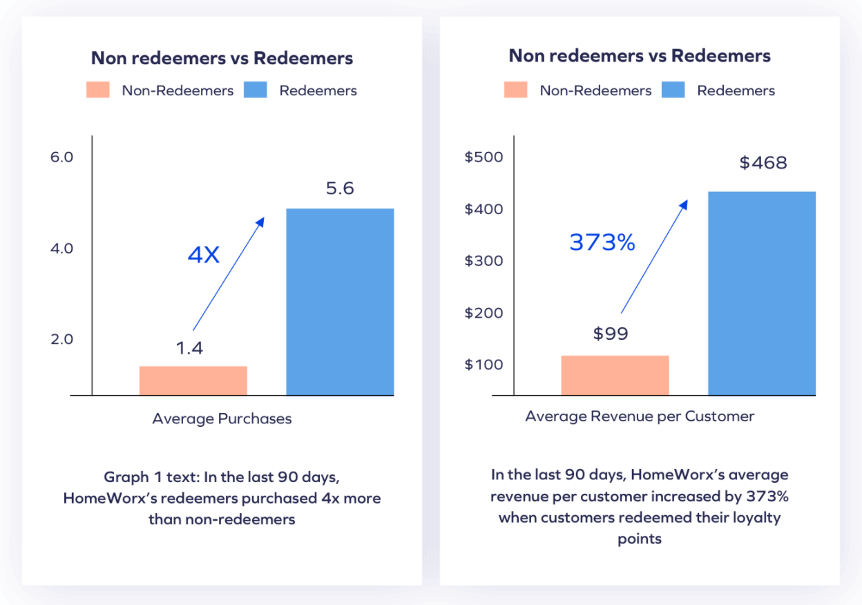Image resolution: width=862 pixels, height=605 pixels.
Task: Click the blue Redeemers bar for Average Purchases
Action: coord(340,302)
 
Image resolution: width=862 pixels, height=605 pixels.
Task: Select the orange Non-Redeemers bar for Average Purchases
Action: coord(193,381)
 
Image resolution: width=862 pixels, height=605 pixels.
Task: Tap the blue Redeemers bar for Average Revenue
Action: coord(762,294)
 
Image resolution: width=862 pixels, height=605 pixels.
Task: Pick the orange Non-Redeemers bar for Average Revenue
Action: coord(615,375)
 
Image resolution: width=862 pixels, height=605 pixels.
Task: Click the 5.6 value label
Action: coord(339,188)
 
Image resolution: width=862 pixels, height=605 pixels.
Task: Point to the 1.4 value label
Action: coord(189,347)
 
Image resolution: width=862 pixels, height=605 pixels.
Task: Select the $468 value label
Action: coord(763,163)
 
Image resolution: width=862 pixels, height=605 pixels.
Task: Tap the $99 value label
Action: coord(611,334)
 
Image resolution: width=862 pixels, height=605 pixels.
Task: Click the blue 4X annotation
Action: coord(203,256)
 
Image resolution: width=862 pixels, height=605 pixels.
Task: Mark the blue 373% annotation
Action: coord(602,242)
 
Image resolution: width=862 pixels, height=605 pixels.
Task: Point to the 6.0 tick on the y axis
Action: coord(61,157)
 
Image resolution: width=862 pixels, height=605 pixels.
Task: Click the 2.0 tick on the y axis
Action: coord(61,339)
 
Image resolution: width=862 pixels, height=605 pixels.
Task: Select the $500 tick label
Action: coord(483,157)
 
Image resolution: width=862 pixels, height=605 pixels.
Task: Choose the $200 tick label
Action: coord(483,313)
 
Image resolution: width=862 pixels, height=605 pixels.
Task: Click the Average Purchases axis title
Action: coord(222,419)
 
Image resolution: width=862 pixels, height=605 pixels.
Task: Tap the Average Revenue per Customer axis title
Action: coord(640,416)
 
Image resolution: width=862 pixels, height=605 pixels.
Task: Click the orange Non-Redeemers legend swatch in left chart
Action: coord(98,90)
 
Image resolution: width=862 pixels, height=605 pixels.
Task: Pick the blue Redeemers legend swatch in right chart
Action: coord(673,90)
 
